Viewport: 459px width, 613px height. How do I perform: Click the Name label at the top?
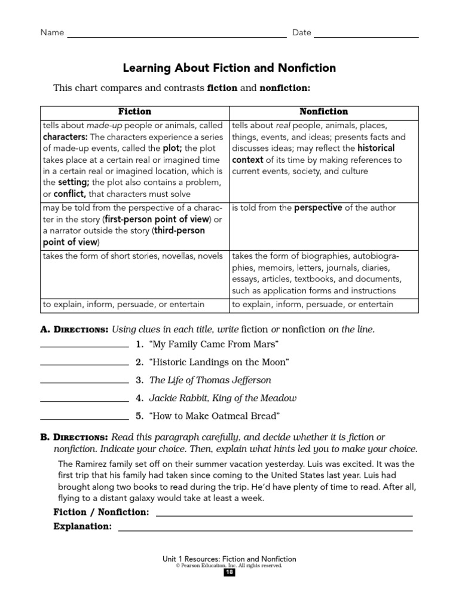[x=52, y=33]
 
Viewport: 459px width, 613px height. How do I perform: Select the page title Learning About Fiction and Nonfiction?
[x=229, y=68]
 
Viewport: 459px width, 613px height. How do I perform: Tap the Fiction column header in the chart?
[x=134, y=112]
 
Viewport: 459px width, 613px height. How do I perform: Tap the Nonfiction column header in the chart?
[x=323, y=112]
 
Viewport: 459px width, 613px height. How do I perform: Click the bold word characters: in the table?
[x=65, y=137]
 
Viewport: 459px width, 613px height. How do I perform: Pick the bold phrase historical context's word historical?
[x=375, y=148]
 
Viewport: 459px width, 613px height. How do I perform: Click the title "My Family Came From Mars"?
[x=214, y=344]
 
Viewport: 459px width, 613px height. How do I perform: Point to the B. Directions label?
[x=74, y=437]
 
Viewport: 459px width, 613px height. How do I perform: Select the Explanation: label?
[x=82, y=527]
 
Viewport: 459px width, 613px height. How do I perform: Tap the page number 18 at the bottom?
[x=229, y=573]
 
